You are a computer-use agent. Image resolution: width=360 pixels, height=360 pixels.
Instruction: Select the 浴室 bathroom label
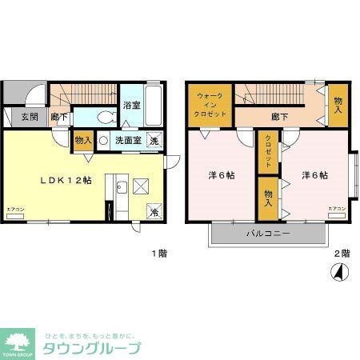pos(132,104)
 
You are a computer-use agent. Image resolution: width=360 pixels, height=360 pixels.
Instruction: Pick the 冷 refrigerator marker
pos(153,212)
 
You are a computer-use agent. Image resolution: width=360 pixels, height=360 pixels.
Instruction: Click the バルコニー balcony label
pos(267,233)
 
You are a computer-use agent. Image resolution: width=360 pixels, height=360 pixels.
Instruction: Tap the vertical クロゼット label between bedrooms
pos(267,150)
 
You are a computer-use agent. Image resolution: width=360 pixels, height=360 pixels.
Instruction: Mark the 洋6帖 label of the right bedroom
pos(315,176)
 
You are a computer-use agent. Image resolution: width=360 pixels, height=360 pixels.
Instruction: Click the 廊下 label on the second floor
pos(279,117)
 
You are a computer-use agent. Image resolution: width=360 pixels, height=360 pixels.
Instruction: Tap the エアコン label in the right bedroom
pos(337,210)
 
